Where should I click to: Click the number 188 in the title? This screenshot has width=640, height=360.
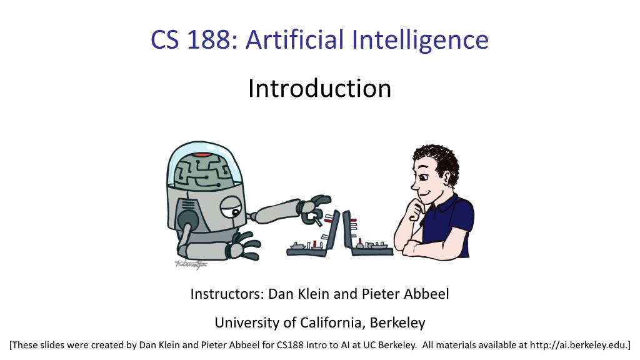(209, 40)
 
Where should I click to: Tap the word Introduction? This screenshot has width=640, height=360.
(319, 88)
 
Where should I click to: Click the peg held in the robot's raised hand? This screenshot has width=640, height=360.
(317, 219)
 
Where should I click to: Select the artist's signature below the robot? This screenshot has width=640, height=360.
(191, 264)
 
